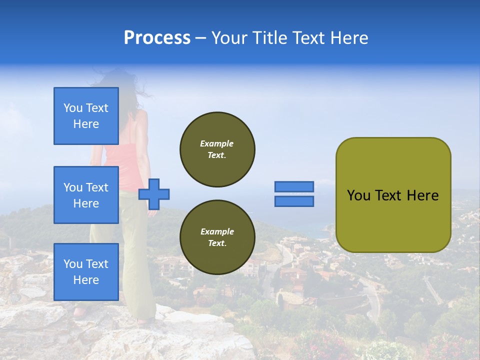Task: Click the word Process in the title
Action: (x=157, y=38)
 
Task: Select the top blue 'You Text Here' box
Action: (x=86, y=116)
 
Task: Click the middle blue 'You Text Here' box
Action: (x=86, y=195)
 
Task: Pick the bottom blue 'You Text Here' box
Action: (x=86, y=272)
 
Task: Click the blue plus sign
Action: (x=154, y=194)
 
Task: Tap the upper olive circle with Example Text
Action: (x=217, y=149)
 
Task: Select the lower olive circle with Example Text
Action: (x=217, y=237)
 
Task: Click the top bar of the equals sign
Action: (x=294, y=186)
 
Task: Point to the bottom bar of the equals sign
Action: (x=294, y=201)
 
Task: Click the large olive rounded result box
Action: (x=393, y=195)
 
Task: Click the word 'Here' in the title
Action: (x=349, y=38)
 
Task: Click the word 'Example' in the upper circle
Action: (x=217, y=143)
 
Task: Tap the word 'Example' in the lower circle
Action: (x=217, y=231)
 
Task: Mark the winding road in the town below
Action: (x=372, y=300)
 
